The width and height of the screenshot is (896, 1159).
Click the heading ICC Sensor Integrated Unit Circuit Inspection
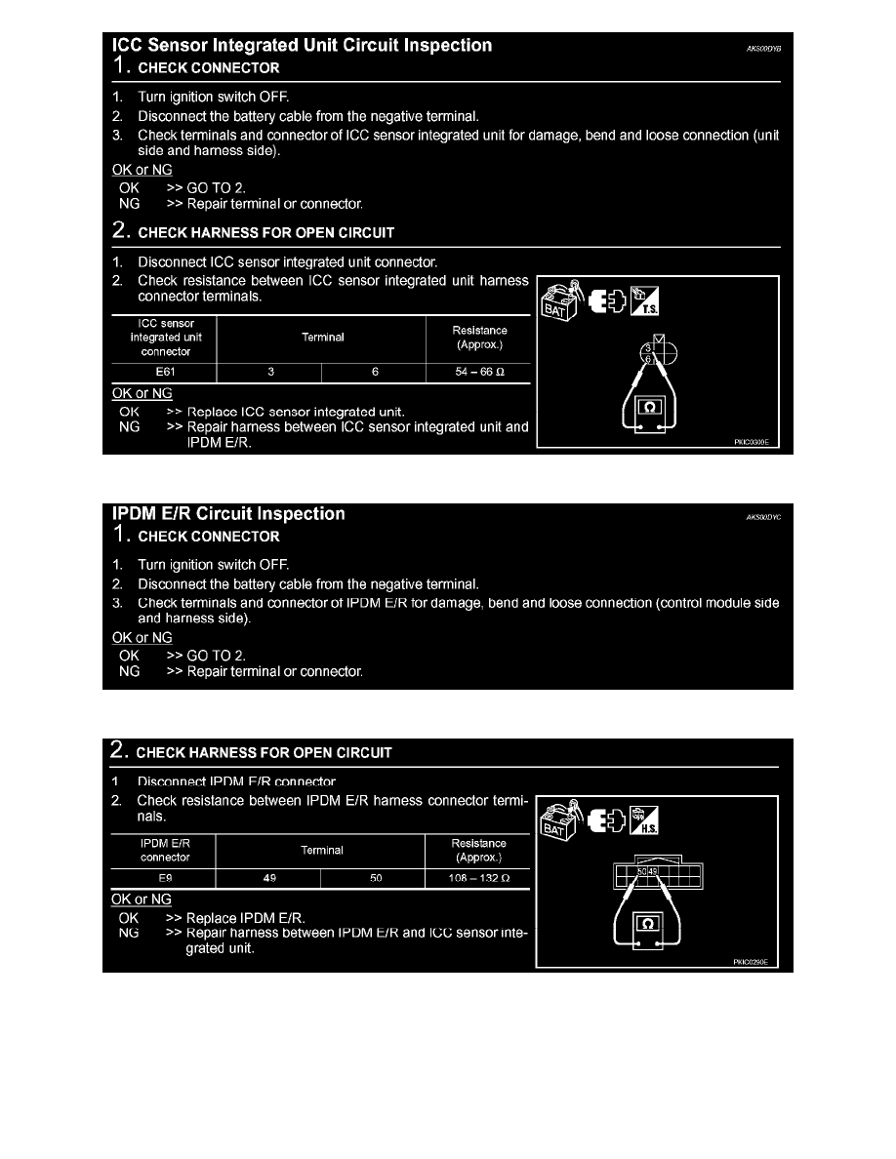click(303, 46)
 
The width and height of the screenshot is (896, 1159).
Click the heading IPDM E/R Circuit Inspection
click(228, 514)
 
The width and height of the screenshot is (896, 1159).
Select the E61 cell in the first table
click(164, 372)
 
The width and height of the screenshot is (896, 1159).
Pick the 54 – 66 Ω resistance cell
click(479, 372)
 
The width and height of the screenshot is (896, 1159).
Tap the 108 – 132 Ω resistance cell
click(479, 876)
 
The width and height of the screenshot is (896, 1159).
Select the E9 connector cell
click(164, 876)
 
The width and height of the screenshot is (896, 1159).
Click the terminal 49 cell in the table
click(269, 876)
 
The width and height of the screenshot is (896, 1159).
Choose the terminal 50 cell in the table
click(374, 876)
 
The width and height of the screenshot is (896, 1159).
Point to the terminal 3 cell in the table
click(269, 372)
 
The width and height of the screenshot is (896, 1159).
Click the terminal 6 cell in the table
click(375, 372)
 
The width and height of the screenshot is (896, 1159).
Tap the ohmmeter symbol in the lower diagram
click(648, 924)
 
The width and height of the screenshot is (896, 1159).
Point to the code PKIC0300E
click(752, 442)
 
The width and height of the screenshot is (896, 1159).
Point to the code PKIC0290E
click(751, 961)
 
